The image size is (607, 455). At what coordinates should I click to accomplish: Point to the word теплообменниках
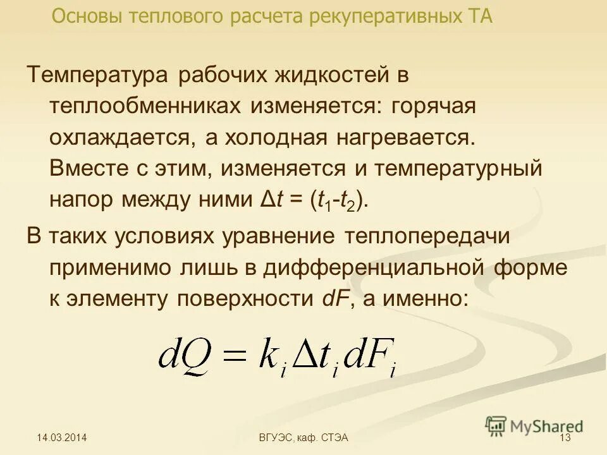tap(144, 107)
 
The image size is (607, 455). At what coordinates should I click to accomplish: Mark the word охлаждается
tap(123, 138)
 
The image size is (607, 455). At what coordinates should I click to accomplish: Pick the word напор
tap(79, 200)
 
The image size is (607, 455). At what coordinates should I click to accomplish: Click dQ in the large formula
tap(183, 357)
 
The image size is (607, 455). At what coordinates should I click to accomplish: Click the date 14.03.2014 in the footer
tap(61, 437)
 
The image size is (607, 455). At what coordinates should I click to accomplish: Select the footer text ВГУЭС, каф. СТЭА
tap(303, 437)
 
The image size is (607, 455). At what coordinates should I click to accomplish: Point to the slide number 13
tap(565, 437)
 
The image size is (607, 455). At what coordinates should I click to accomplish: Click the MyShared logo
tap(534, 425)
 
